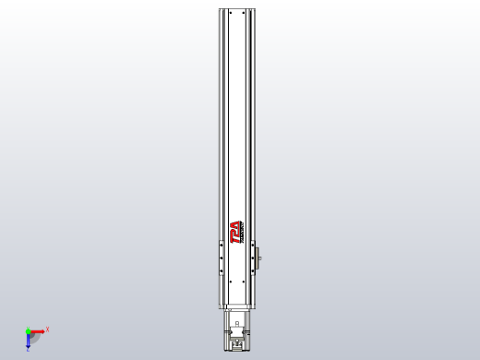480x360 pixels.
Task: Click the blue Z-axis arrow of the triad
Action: click(x=28, y=341)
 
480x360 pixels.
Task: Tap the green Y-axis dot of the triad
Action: click(x=28, y=330)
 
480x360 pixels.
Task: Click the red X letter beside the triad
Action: click(x=47, y=329)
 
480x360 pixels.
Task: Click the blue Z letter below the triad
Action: click(x=28, y=351)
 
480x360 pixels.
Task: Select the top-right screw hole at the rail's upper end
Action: click(x=243, y=14)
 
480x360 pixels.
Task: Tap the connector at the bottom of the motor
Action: click(x=237, y=345)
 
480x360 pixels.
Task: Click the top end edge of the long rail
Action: click(x=236, y=9)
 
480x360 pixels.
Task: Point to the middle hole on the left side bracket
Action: click(x=221, y=258)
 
